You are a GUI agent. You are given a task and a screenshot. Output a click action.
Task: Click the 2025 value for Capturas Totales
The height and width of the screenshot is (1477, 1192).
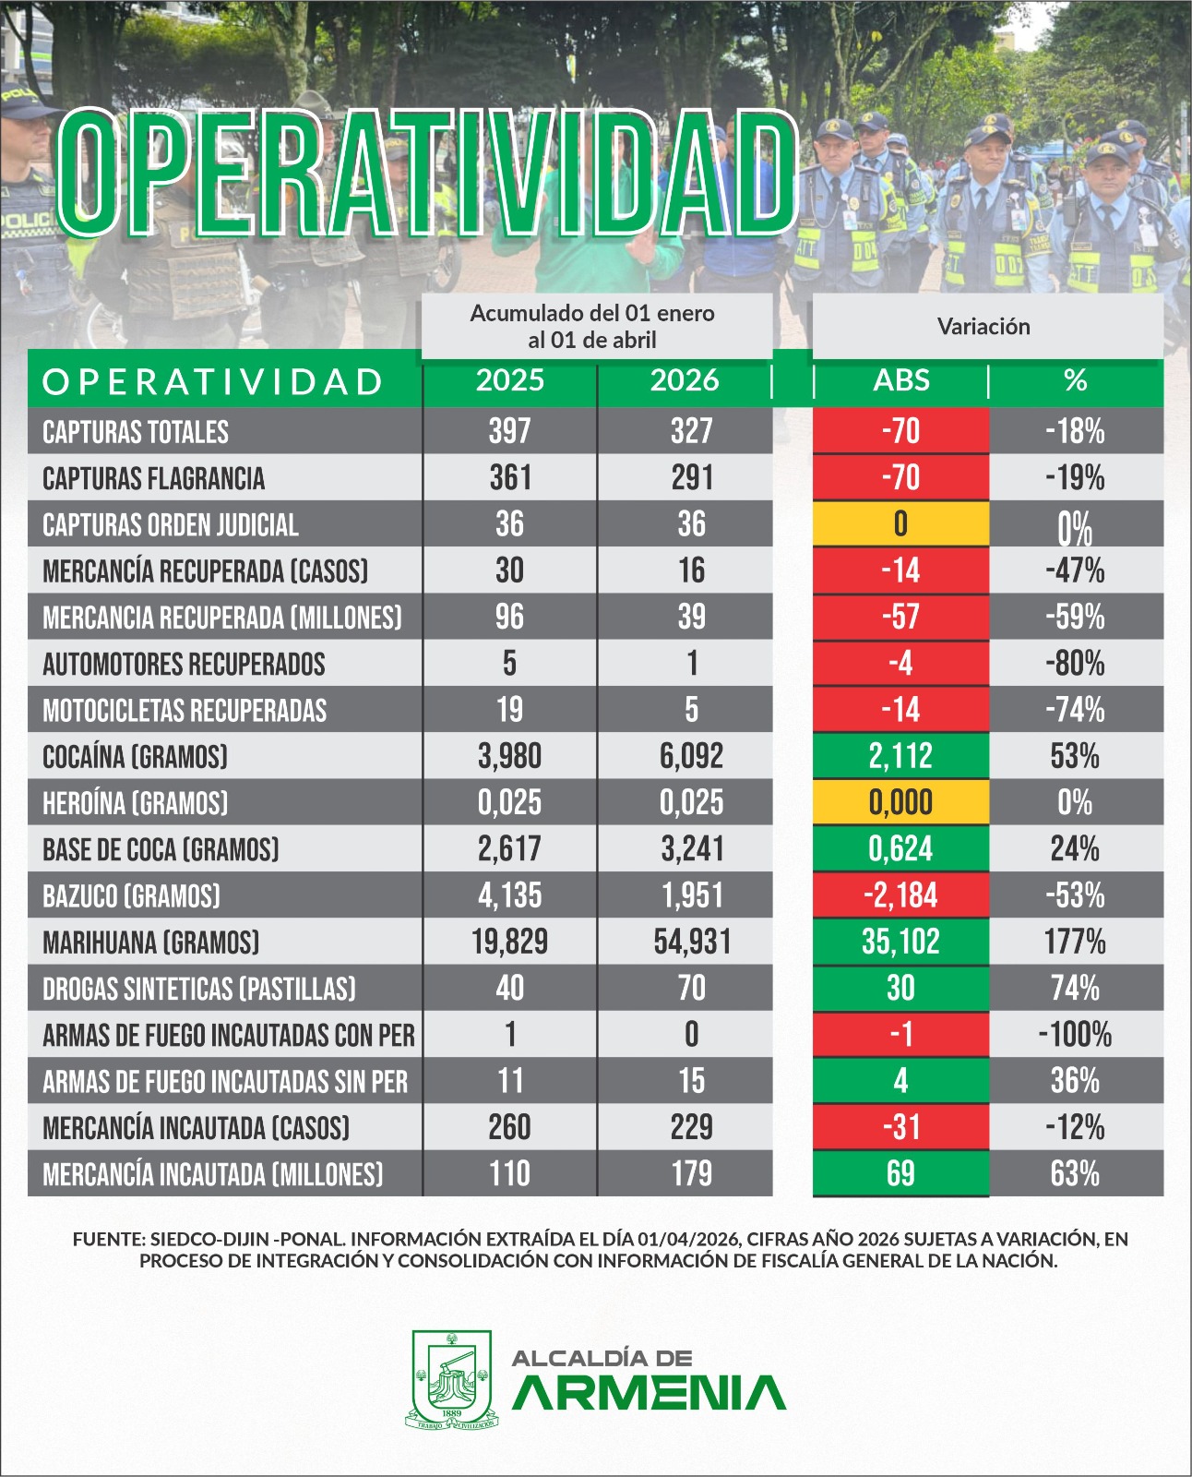509,431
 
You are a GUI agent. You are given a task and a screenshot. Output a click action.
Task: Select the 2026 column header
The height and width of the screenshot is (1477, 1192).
684,380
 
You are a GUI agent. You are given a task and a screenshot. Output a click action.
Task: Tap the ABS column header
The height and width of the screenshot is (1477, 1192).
900,380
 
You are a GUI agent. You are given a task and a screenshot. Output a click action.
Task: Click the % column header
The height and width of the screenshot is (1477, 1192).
1075,380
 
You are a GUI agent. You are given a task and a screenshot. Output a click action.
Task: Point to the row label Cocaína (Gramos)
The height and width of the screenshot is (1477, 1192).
135,757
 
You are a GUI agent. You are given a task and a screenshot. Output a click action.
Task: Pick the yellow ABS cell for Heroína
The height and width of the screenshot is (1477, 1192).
900,802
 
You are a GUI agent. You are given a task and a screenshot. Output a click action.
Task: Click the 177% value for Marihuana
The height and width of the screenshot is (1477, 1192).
1075,942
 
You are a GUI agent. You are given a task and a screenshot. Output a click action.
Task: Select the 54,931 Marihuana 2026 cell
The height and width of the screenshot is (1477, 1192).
692,942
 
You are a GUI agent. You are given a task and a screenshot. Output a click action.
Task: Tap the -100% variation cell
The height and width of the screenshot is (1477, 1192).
1075,1035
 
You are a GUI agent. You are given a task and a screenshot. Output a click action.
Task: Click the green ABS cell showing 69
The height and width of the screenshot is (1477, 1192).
900,1173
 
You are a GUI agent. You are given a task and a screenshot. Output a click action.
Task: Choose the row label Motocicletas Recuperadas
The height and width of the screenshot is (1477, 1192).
185,711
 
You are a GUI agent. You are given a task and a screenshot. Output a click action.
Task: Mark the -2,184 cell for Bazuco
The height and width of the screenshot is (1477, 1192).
900,895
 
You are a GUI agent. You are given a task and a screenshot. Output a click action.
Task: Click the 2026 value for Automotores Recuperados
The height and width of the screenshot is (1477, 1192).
692,664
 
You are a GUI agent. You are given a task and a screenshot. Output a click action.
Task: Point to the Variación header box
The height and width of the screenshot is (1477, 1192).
984,326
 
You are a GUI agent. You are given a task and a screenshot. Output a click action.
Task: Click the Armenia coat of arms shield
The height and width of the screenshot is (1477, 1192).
451,1378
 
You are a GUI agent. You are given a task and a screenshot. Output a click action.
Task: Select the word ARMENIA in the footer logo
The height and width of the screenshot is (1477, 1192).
649,1393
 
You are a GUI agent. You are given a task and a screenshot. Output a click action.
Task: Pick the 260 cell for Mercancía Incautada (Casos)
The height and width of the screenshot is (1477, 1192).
509,1127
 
